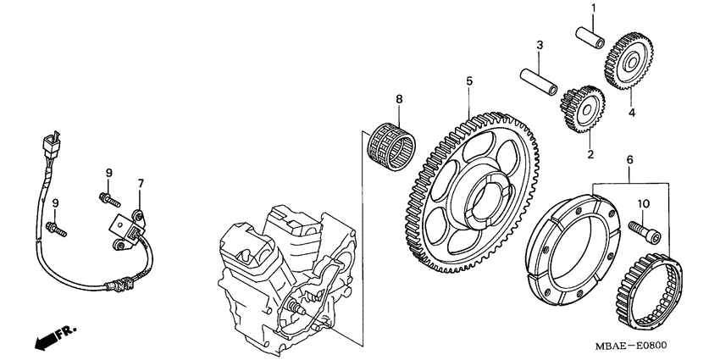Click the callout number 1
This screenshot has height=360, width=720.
593,8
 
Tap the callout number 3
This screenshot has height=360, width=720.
539,44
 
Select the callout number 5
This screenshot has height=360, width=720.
468,82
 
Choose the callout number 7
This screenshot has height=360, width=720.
141,182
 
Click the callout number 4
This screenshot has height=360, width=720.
630,112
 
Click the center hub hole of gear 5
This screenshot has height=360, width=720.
479,197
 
